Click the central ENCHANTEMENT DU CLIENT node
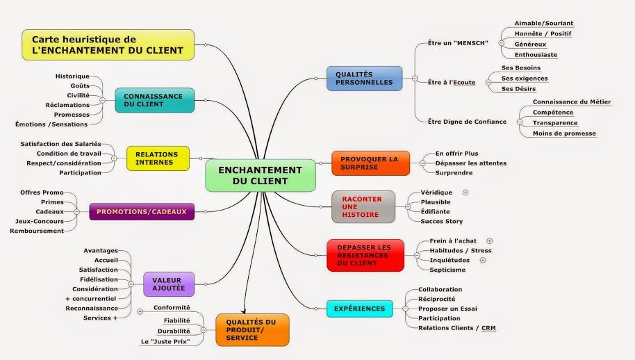pyautogui.click(x=261, y=175)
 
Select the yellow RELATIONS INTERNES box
pyautogui.click(x=158, y=158)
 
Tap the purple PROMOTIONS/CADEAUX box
pyautogui.click(x=142, y=211)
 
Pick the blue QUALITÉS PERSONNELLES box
pyautogui.click(x=365, y=78)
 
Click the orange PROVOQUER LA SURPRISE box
pyautogui.click(x=370, y=163)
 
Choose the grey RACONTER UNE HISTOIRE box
pyautogui.click(x=363, y=207)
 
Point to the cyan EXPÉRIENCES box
pyautogui.click(x=360, y=309)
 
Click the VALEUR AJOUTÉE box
pyautogui.click(x=169, y=284)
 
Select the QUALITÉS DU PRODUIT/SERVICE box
pyautogui.click(x=252, y=330)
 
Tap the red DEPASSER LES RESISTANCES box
pyautogui.click(x=365, y=255)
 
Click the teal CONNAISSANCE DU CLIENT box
pyautogui.click(x=155, y=100)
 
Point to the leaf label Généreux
pyautogui.click(x=531, y=44)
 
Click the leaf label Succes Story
pyautogui.click(x=441, y=221)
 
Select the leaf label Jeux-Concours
pyautogui.click(x=40, y=221)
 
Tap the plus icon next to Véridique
pyautogui.click(x=465, y=193)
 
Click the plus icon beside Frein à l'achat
pyautogui.click(x=490, y=241)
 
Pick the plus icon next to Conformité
pyautogui.click(x=140, y=311)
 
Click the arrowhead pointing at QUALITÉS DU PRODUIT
pyautogui.click(x=243, y=311)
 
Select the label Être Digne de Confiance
pyautogui.click(x=468, y=122)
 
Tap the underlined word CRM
pyautogui.click(x=488, y=328)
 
